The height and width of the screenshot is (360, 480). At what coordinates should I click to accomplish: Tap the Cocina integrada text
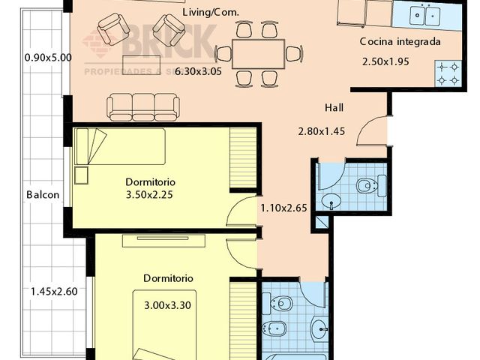point(399,42)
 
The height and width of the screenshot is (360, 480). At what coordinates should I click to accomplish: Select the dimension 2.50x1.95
point(385,61)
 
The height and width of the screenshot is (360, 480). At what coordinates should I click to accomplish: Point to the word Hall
point(335,107)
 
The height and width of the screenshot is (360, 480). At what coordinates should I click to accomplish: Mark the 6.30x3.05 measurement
point(199,72)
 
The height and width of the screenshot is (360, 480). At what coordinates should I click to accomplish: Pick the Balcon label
point(43,194)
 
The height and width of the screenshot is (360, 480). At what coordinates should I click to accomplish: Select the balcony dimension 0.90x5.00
point(48,57)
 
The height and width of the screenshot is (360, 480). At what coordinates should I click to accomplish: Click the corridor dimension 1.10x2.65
point(283,208)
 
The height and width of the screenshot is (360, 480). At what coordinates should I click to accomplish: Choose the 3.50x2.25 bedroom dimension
point(150,196)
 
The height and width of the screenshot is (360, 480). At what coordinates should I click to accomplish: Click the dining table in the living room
point(258,52)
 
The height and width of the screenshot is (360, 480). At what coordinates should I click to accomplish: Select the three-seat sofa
point(143,106)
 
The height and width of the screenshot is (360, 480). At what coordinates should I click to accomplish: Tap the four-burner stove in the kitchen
point(448,71)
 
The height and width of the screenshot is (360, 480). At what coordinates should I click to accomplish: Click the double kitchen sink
point(422,13)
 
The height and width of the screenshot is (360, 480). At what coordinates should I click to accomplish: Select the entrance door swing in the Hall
point(372,133)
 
